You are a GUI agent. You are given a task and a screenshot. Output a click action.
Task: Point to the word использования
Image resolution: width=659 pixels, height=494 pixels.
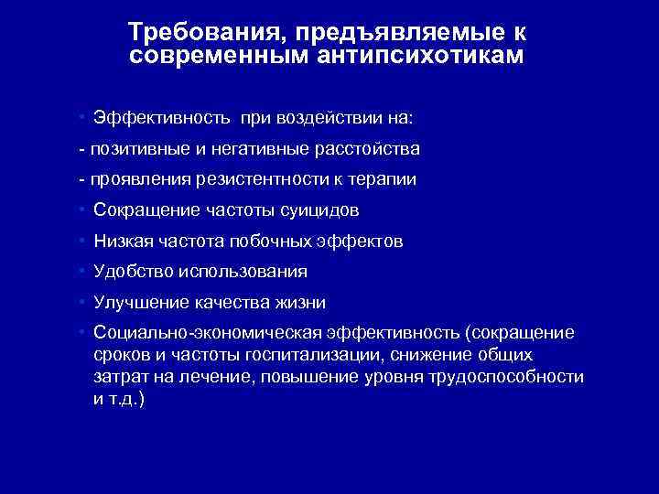pos(243,272)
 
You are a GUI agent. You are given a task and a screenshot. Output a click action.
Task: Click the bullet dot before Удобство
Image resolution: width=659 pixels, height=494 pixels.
pos(81,271)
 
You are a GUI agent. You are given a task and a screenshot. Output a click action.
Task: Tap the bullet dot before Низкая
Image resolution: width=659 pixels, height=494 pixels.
pos(81,241)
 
